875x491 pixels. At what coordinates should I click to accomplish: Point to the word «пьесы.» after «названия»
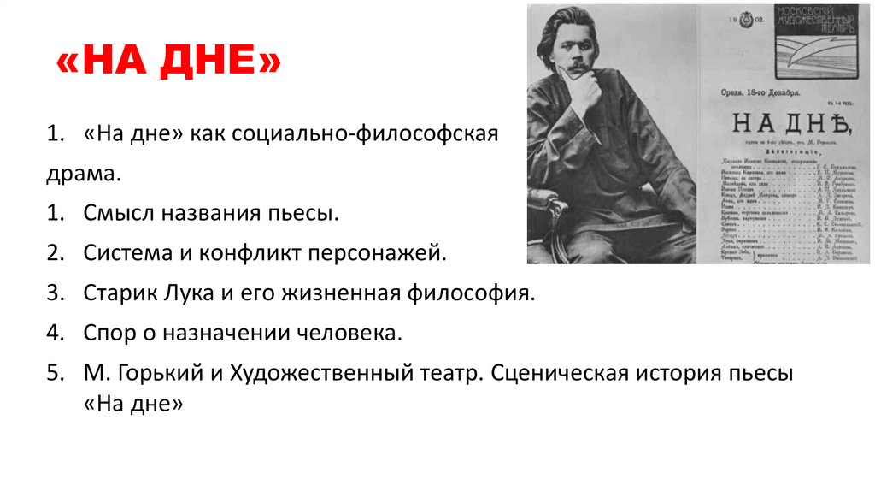point(303,212)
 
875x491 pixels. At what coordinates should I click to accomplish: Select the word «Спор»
point(109,333)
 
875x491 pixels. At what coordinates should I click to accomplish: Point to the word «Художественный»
point(309,374)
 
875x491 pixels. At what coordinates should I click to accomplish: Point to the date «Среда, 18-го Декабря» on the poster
point(753,92)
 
